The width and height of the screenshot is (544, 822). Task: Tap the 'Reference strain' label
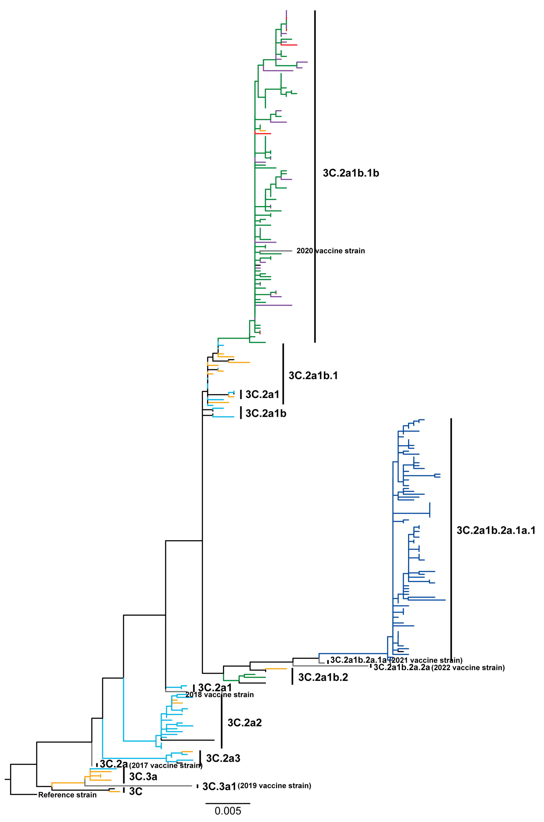[67, 795]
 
